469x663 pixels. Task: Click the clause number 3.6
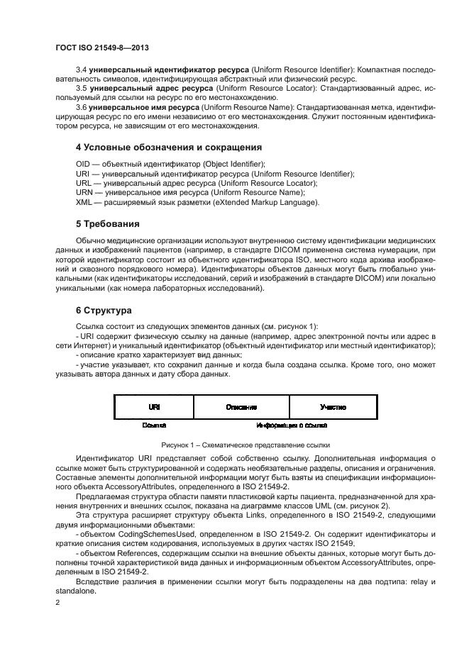80,106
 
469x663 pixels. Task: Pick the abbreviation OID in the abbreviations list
82,164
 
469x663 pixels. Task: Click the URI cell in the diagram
153,407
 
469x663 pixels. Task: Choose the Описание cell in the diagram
241,407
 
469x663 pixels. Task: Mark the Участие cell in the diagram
333,407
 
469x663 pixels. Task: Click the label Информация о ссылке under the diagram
291,425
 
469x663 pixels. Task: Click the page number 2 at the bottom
58,604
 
